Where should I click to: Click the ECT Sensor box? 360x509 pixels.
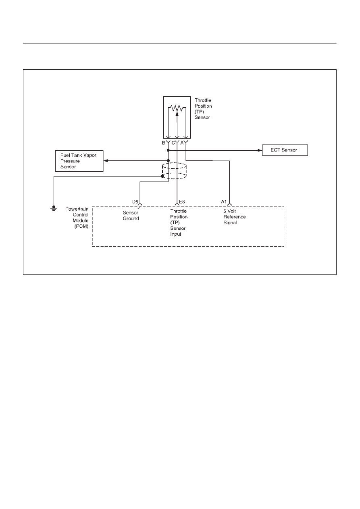[x=285, y=150]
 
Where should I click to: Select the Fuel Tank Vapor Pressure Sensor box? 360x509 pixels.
[x=79, y=161]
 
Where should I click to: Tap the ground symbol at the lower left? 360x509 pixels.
[x=54, y=208]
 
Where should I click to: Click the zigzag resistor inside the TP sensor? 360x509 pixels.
[x=177, y=108]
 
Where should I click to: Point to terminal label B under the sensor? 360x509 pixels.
[x=163, y=143]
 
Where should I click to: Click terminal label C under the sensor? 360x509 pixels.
[x=173, y=143]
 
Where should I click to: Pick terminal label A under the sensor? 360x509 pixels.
[x=182, y=143]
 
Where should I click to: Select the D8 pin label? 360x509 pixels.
[x=135, y=202]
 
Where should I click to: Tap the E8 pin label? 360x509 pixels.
[x=182, y=202]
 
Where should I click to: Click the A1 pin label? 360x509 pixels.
[x=224, y=202]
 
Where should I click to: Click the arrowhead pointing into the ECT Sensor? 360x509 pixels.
[x=260, y=150]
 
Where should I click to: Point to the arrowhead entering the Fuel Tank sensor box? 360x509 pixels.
[x=106, y=161]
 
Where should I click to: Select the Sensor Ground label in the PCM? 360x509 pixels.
[x=131, y=216]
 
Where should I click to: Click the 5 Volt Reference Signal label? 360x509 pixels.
[x=234, y=217]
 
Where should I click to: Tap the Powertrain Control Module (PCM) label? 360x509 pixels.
[x=77, y=218]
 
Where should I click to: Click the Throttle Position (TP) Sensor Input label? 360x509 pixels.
[x=179, y=223]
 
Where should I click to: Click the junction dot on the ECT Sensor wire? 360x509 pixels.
[x=168, y=150]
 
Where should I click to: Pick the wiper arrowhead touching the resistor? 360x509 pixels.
[x=177, y=114]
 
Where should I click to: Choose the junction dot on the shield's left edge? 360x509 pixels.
[x=162, y=176]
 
